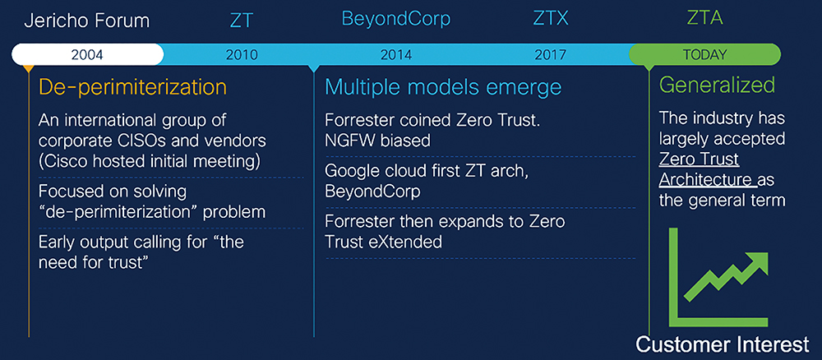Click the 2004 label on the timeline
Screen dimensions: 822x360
(88, 54)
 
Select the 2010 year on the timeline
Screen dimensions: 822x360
(242, 54)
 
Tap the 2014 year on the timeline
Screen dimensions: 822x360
(396, 54)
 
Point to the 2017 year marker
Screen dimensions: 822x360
(551, 54)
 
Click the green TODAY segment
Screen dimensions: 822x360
(704, 54)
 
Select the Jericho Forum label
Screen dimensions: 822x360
(87, 21)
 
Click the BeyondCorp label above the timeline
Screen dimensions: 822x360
(396, 20)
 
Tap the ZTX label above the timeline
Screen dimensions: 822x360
(551, 20)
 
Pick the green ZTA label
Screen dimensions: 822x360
(704, 20)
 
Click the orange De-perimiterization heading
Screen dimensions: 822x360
(132, 87)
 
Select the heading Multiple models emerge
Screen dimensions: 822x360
(443, 87)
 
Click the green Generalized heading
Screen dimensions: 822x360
(717, 85)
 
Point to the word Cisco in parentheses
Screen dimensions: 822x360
(67, 161)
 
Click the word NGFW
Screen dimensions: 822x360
(349, 141)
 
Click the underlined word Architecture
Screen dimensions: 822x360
(704, 180)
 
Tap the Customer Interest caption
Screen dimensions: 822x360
(723, 345)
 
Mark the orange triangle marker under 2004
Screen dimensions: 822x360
(29, 69)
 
